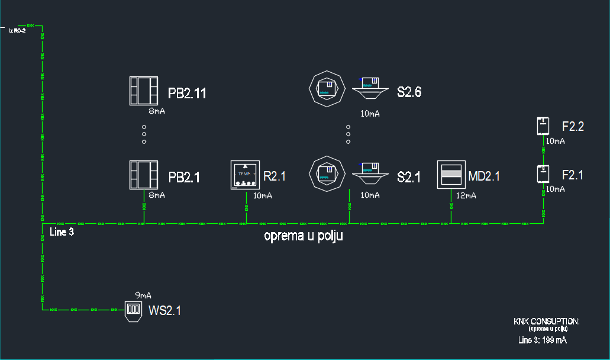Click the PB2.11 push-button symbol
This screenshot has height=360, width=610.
[x=144, y=91]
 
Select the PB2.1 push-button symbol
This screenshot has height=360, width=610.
[x=144, y=175]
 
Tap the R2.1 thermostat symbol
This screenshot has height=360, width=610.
[x=245, y=175]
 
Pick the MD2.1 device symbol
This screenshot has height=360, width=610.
[x=451, y=175]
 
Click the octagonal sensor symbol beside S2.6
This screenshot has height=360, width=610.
[x=327, y=89]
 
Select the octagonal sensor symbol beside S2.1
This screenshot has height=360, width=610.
[x=327, y=173]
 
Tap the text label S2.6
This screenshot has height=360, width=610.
[x=409, y=92]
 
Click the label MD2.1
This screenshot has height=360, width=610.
[x=484, y=176]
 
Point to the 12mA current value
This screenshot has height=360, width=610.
[x=466, y=196]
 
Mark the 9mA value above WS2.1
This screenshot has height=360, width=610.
[x=143, y=295]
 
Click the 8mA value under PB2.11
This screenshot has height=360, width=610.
[x=157, y=111]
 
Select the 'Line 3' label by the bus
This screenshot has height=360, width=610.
[x=62, y=232]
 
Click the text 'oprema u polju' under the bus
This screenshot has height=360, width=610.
[x=304, y=236]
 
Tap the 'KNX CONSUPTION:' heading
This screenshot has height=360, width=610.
[x=547, y=322]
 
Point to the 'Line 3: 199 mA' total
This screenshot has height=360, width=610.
[x=543, y=340]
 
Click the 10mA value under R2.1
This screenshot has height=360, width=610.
[x=263, y=195]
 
